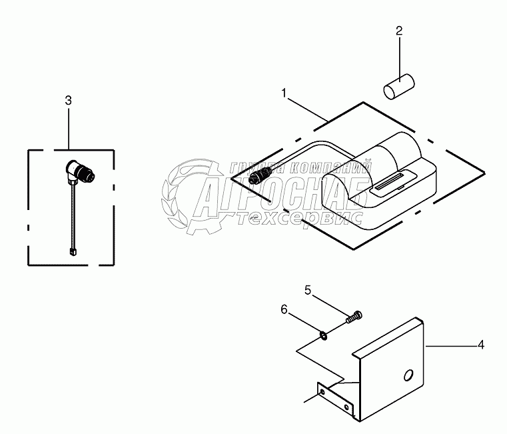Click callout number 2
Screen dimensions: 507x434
point(399,31)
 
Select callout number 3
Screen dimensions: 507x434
point(68,100)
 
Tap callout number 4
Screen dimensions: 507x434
point(480,345)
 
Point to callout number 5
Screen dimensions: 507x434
point(308,291)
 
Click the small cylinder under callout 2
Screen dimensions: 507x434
point(398,87)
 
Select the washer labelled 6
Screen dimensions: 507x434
point(322,334)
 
